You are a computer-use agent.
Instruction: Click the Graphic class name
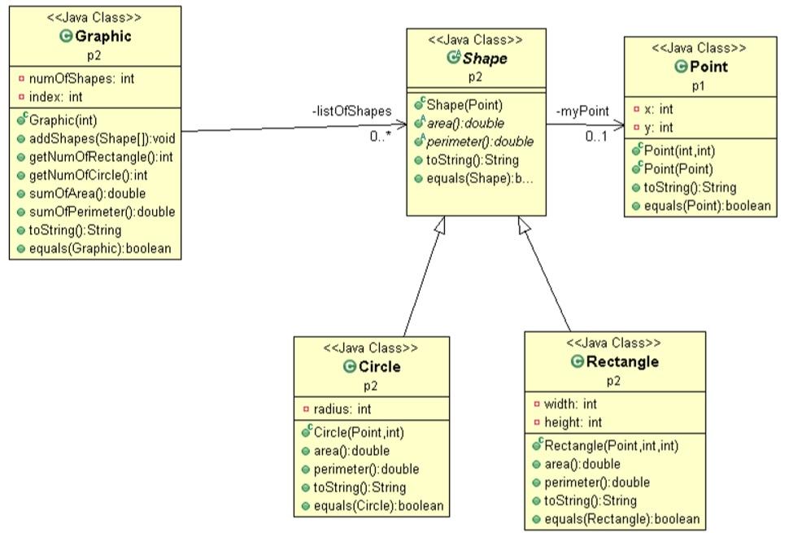[102, 37]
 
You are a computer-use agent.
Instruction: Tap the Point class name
[707, 67]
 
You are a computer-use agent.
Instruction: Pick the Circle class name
[379, 367]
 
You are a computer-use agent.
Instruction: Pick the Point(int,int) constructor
[680, 151]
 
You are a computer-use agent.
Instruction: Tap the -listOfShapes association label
[351, 111]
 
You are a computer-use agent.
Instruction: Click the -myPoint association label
[582, 111]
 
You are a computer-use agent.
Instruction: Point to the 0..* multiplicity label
[380, 137]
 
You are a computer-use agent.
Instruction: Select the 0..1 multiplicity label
[597, 136]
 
